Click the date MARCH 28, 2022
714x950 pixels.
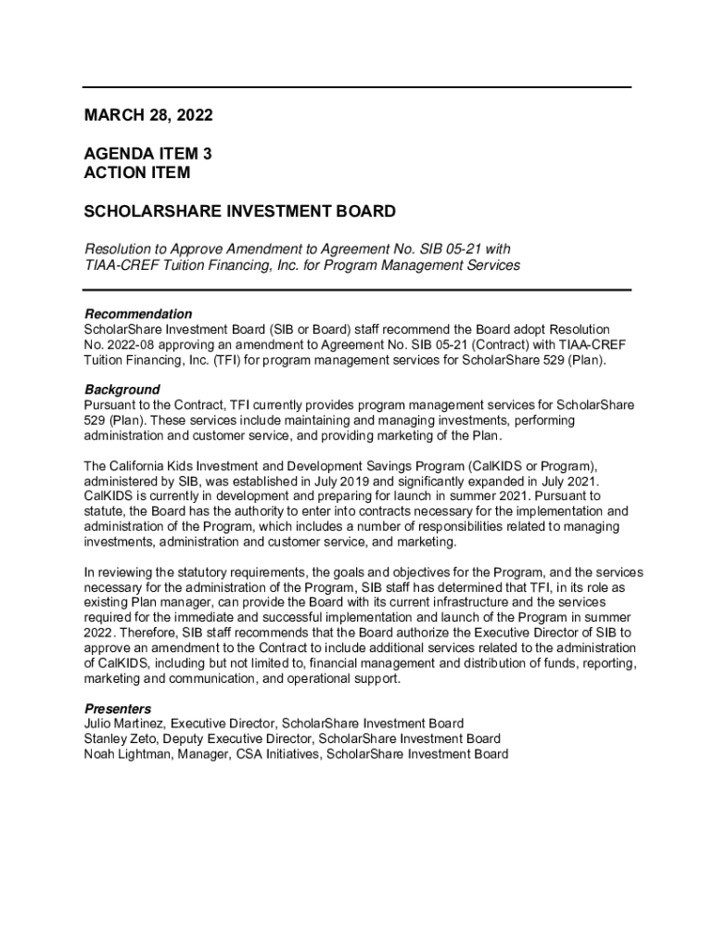tap(148, 116)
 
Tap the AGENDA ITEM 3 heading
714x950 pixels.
tap(154, 154)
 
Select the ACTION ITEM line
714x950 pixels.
tap(137, 173)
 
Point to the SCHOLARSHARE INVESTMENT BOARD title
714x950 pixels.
tap(240, 212)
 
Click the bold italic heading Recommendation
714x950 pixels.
tap(138, 314)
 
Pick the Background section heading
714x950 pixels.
tap(121, 390)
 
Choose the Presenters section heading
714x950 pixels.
tap(118, 709)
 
